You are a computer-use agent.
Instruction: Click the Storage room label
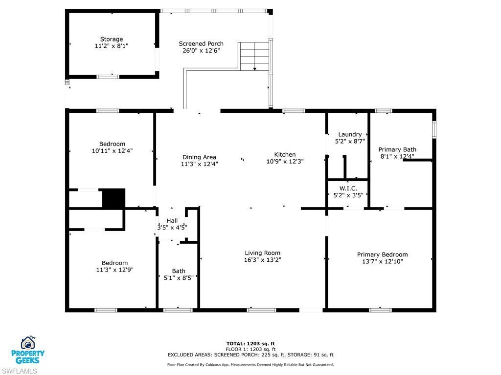[x=112, y=39]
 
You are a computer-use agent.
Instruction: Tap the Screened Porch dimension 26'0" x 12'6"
[x=201, y=50]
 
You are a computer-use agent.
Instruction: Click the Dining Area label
[x=199, y=157]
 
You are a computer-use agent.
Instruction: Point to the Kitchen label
[x=285, y=154]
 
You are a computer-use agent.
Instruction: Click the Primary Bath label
[x=397, y=149]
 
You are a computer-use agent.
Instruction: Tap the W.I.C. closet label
[x=348, y=188]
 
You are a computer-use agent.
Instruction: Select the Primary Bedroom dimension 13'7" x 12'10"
[x=382, y=261]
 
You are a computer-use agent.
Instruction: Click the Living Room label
[x=263, y=253]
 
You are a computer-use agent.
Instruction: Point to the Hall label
[x=172, y=221]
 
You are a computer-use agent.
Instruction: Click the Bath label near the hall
[x=179, y=271]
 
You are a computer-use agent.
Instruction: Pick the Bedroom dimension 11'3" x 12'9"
[x=115, y=270]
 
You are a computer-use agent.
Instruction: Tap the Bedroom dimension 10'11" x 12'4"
[x=112, y=151]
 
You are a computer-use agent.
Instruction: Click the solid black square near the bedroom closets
[x=114, y=199]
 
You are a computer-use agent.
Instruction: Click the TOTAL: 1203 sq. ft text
[x=254, y=343]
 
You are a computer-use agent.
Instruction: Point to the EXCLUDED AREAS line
[x=250, y=355]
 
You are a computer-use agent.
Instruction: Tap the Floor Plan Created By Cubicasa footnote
[x=250, y=365]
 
